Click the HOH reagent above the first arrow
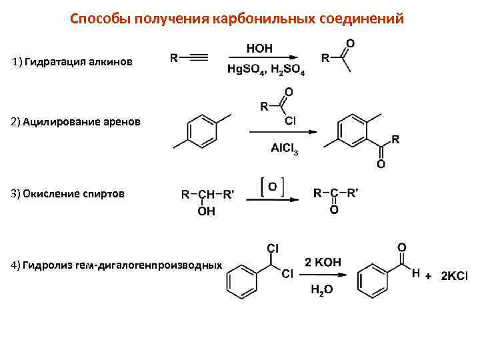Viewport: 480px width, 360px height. coord(259,48)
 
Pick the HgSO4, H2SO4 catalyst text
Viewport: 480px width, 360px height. coord(266,70)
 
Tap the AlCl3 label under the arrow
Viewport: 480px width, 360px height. coord(285,150)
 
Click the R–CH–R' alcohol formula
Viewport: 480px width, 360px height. coord(207,195)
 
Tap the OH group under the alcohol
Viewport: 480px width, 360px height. coord(207,211)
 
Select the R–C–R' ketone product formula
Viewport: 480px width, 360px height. coord(335,193)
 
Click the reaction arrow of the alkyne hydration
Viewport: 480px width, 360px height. coord(263,59)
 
